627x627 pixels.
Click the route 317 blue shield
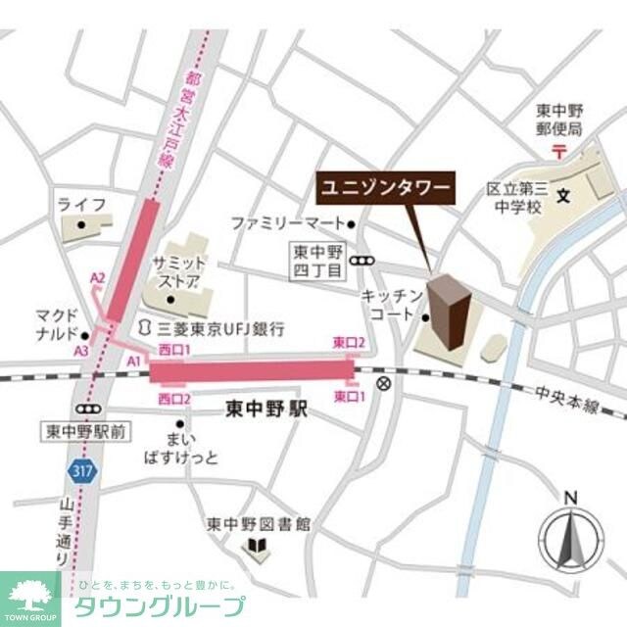tap(81, 471)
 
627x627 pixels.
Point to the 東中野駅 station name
tap(265, 409)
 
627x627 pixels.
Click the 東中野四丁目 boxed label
tap(318, 261)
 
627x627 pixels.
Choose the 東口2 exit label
tap(349, 342)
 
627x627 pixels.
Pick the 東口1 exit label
tap(349, 397)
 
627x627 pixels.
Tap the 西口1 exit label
tap(172, 351)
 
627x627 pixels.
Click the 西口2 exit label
tap(172, 399)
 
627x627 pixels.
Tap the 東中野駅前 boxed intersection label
tap(84, 431)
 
